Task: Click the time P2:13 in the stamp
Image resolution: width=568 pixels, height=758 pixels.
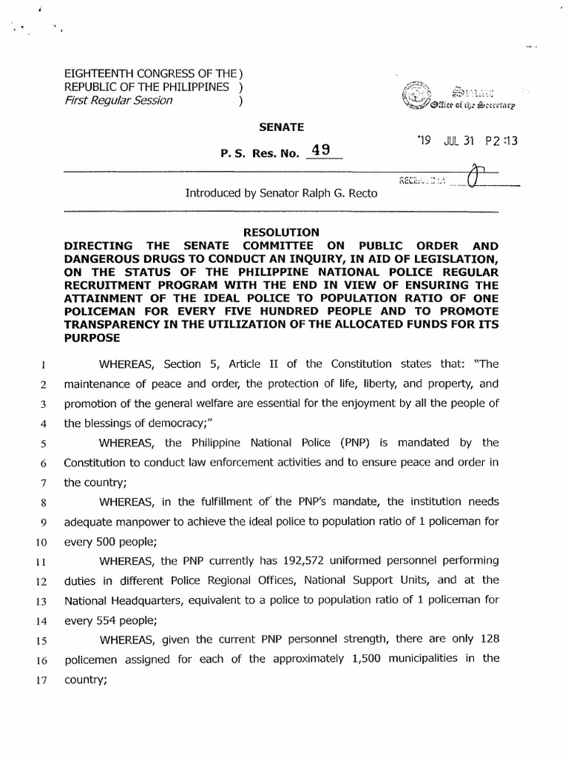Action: pyautogui.click(x=501, y=140)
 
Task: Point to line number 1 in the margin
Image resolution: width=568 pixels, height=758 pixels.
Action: pyautogui.click(x=44, y=363)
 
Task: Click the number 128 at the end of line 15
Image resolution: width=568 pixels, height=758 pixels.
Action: pyautogui.click(x=488, y=638)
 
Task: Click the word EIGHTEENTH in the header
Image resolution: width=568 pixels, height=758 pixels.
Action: pyautogui.click(x=104, y=75)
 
